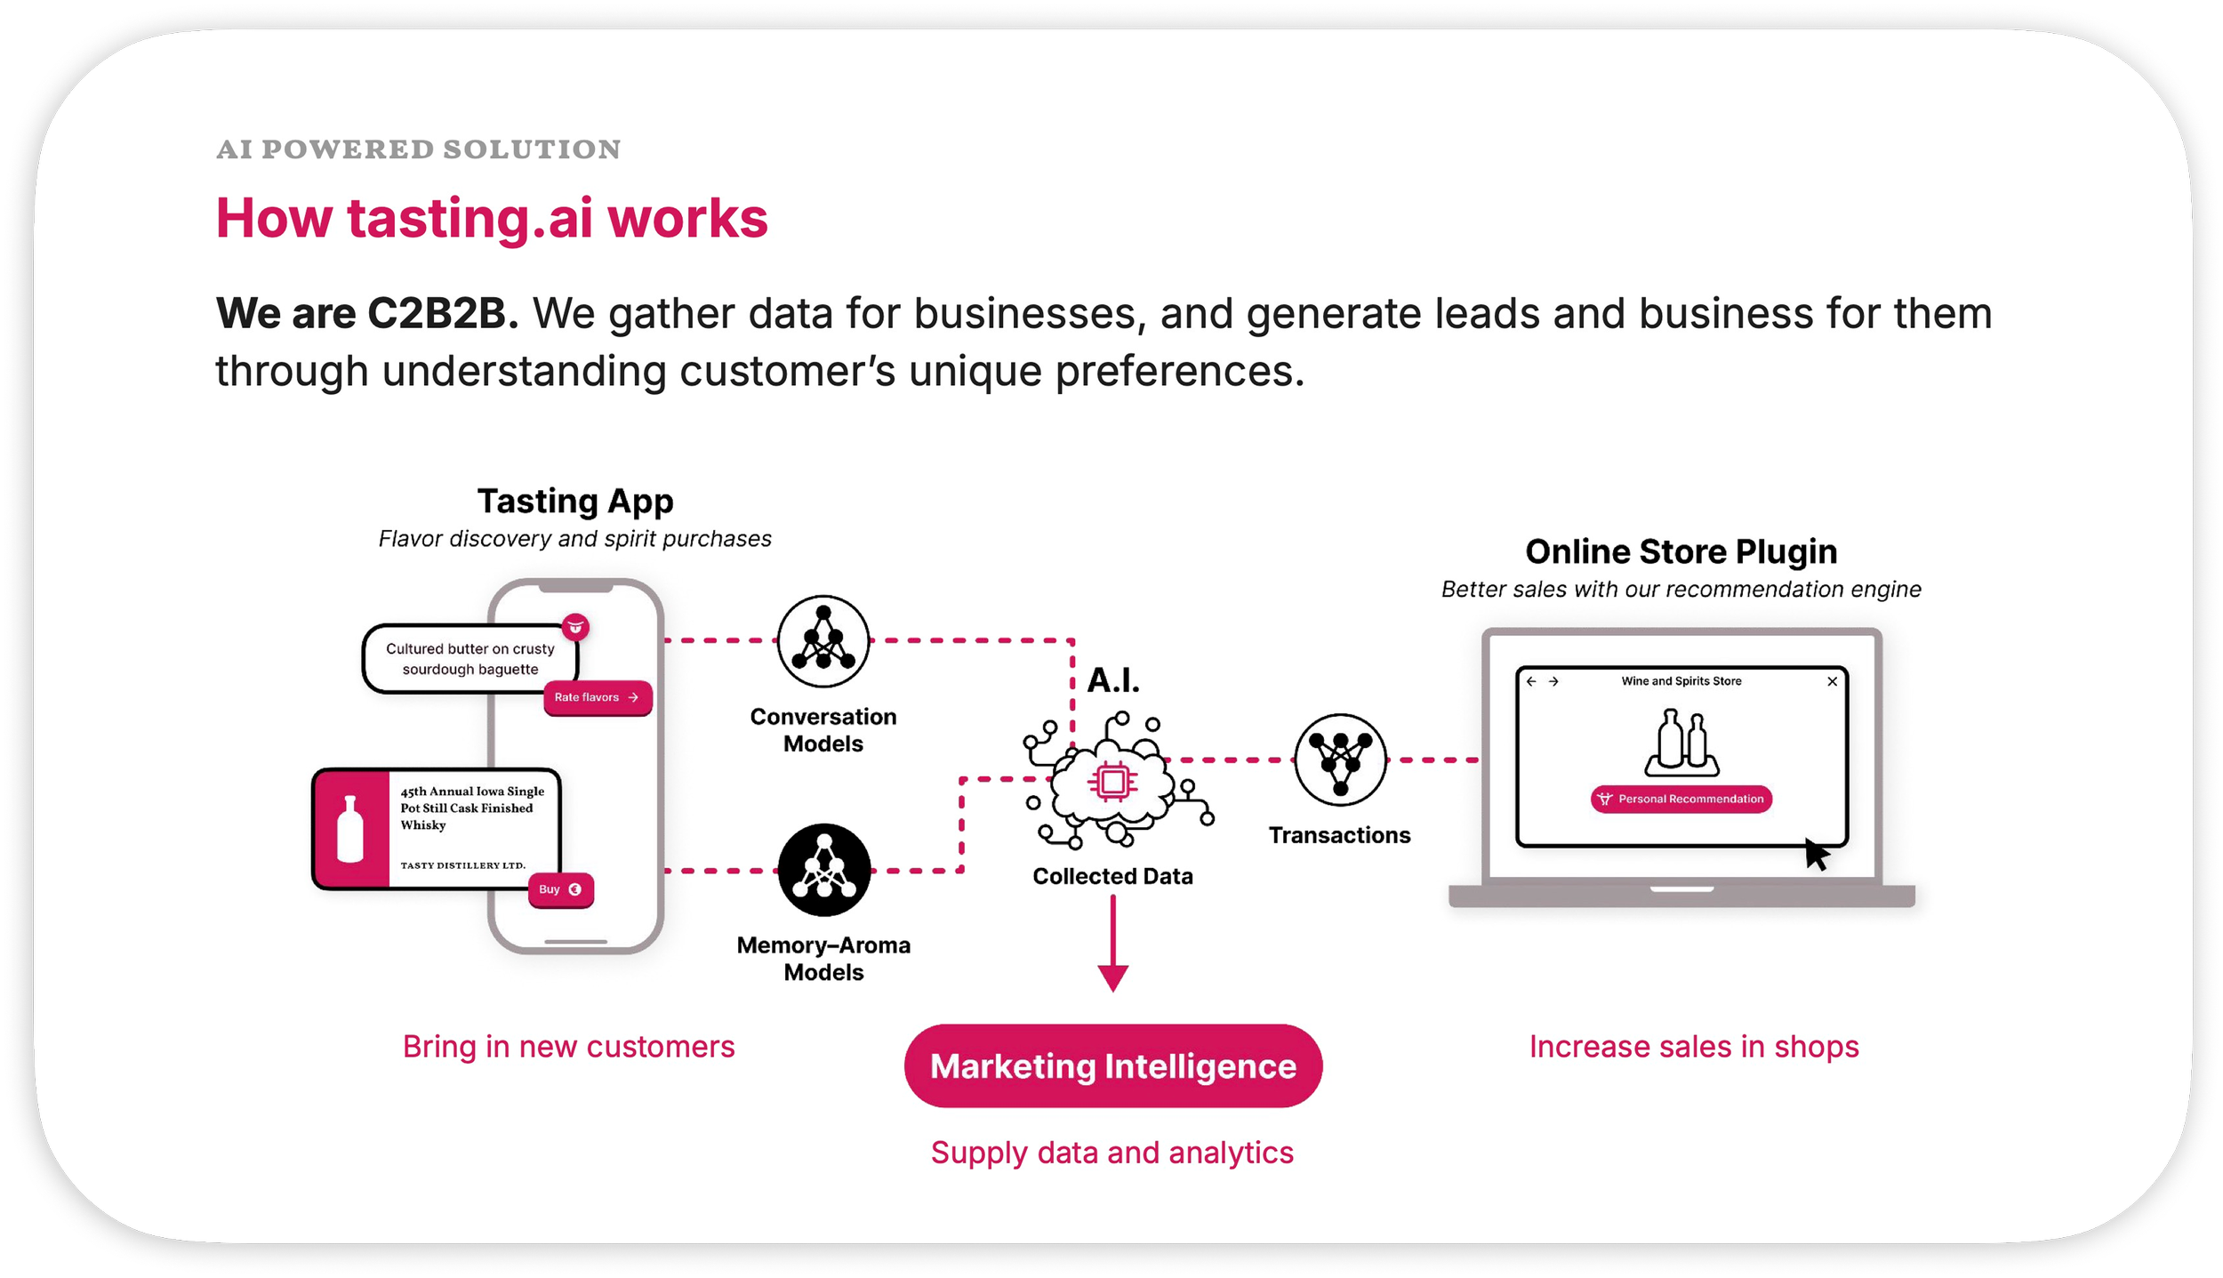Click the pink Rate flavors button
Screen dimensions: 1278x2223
[598, 697]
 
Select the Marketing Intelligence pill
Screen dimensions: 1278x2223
[1112, 1065]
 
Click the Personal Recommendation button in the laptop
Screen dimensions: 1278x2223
[1681, 799]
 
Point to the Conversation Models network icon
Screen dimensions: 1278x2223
[823, 641]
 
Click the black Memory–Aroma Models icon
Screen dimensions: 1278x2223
[823, 870]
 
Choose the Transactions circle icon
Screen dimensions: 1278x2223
[1340, 760]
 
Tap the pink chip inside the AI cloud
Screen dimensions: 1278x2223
[1112, 783]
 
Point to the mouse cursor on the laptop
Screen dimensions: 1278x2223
[1816, 855]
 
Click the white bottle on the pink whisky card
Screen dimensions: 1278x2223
[350, 829]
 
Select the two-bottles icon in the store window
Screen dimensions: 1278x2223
[1681, 742]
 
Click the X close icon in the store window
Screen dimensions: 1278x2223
[1832, 681]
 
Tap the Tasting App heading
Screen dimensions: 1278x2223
[575, 501]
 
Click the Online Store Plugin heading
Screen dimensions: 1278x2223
[1681, 551]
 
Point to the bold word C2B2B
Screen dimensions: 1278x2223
[436, 313]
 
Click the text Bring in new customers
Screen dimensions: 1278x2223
[568, 1047]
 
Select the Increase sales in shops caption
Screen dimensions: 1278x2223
[1693, 1047]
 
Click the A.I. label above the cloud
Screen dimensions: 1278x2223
[1112, 680]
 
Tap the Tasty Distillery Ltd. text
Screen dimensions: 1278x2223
[462, 865]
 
